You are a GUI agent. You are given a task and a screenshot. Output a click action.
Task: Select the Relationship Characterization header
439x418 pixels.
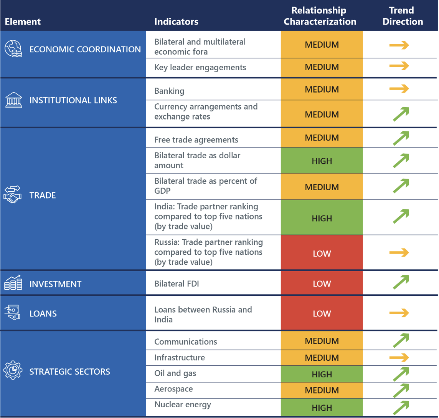click(x=320, y=16)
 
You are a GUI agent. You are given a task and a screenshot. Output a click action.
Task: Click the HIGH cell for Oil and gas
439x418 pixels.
click(x=322, y=374)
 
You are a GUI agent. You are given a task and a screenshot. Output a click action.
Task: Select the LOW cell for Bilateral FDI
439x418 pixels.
click(x=322, y=284)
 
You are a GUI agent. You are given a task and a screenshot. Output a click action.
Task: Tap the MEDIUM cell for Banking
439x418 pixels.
click(x=322, y=90)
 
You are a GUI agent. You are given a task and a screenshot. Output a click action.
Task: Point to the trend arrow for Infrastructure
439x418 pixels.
click(x=399, y=358)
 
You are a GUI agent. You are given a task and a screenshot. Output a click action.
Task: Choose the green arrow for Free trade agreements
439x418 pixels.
click(x=401, y=138)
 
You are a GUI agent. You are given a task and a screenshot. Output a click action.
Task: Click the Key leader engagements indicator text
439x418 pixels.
click(x=200, y=67)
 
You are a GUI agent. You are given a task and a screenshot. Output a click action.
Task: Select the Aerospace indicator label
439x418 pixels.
click(x=173, y=389)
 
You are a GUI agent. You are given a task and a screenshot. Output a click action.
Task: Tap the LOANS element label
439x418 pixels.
click(x=43, y=313)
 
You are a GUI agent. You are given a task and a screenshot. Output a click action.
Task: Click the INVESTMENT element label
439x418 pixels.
click(x=55, y=284)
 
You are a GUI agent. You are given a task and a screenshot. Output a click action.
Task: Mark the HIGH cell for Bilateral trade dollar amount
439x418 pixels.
click(x=322, y=161)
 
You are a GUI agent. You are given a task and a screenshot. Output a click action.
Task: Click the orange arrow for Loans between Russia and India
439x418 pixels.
click(x=399, y=313)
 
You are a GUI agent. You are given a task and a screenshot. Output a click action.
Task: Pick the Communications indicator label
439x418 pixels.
click(x=185, y=342)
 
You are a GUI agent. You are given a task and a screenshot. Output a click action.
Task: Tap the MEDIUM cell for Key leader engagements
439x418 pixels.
click(x=322, y=67)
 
